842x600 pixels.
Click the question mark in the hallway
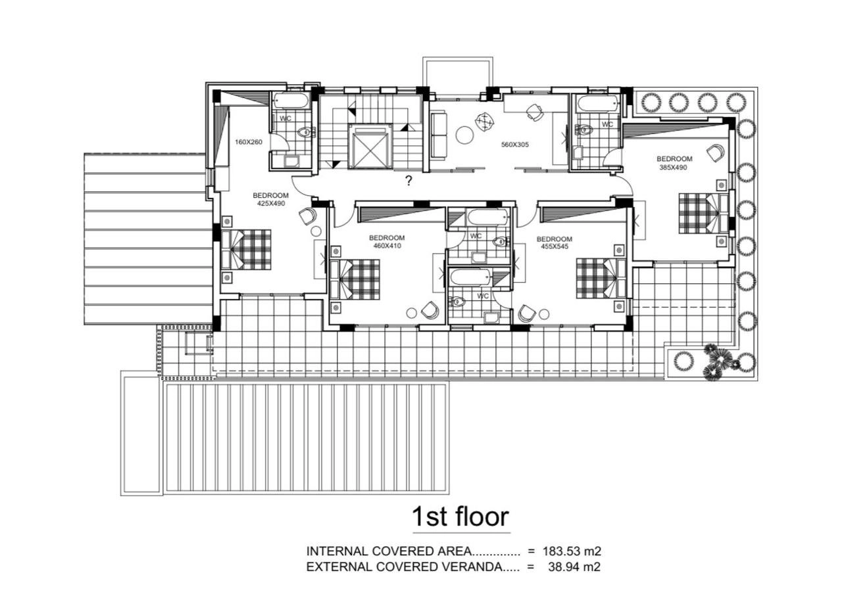click(409, 181)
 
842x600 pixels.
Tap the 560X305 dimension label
click(515, 145)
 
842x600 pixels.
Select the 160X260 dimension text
click(249, 142)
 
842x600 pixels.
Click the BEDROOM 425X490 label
click(270, 199)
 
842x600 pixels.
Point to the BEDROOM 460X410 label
click(387, 242)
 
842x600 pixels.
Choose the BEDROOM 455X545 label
click(555, 242)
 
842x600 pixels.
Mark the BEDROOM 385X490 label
click(674, 163)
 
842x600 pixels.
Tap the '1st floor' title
click(461, 517)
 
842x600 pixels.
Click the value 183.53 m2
click(572, 551)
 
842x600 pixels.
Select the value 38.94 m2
click(574, 567)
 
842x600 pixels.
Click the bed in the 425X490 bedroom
click(246, 250)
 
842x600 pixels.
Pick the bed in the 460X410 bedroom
click(355, 279)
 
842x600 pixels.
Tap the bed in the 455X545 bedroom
click(601, 278)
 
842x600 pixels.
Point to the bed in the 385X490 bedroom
click(703, 214)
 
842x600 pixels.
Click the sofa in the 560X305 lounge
click(439, 135)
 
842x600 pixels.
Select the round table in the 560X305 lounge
click(465, 135)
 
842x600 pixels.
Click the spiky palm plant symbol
click(720, 361)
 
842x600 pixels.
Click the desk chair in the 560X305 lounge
click(535, 112)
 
